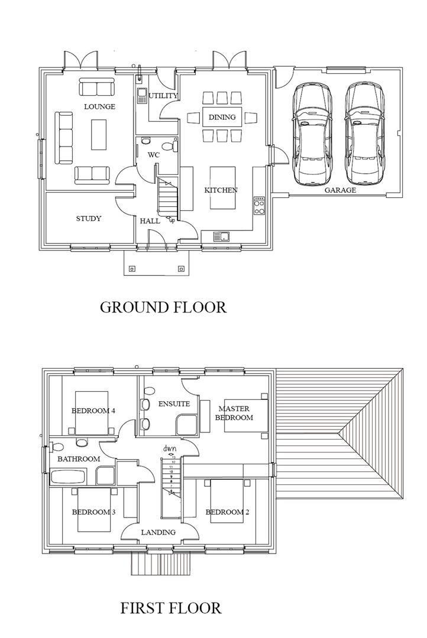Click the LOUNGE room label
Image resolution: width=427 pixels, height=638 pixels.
pos(99,107)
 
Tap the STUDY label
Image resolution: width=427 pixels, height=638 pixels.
pos(89,219)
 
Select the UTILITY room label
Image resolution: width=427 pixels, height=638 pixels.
pos(163,96)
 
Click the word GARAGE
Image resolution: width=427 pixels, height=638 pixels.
pos(340,190)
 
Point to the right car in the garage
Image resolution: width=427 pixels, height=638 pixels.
pos(363,134)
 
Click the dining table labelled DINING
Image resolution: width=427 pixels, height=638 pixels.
pos(222,117)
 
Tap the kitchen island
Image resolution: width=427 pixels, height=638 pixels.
pos(222,188)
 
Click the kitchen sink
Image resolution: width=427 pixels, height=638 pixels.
pos(222,236)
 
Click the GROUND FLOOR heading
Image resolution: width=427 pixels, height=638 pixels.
pos(163,307)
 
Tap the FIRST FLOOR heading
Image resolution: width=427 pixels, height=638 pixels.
pos(171,607)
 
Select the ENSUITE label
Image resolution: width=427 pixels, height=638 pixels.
pos(174,404)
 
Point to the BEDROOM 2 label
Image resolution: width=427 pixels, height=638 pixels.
pos(227,512)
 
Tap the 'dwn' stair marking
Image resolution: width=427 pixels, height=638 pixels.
pos(171,448)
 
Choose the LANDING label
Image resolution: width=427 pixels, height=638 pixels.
pos(158,532)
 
